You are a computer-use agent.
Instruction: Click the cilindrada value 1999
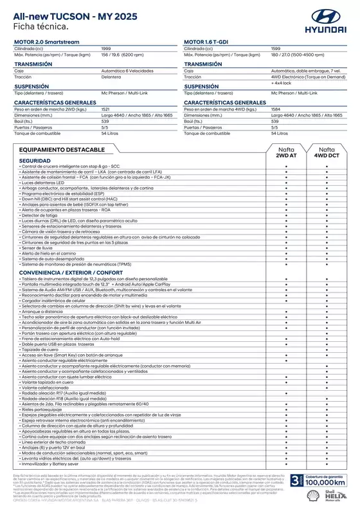107,48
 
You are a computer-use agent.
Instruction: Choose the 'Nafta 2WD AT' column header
285,152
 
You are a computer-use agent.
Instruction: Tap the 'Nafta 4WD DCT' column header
326,152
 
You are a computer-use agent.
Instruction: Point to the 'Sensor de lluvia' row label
39,247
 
